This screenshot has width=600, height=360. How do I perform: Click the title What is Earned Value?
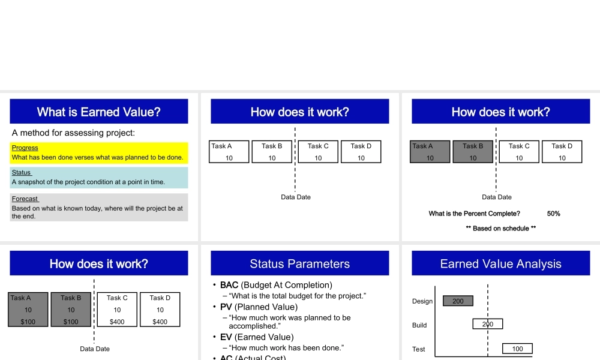[x=99, y=112]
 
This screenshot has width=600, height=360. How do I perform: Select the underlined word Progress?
[x=25, y=148]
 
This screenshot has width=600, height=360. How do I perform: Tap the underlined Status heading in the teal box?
[x=22, y=173]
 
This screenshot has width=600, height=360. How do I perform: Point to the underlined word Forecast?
[x=25, y=199]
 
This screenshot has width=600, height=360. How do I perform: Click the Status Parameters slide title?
[x=300, y=264]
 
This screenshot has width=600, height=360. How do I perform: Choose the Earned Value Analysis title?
[x=500, y=264]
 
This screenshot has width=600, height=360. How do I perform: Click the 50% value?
[x=553, y=214]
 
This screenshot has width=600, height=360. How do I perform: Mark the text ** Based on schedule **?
[x=500, y=229]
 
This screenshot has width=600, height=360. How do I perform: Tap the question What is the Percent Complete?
[x=474, y=214]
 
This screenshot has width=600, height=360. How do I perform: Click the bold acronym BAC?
[x=229, y=285]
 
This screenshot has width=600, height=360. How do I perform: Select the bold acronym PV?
[x=226, y=307]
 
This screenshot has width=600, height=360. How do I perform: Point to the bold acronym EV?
[x=226, y=337]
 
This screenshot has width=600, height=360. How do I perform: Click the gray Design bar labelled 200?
[x=458, y=301]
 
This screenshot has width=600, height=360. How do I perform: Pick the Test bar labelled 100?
[x=517, y=349]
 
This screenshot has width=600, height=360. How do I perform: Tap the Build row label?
[x=419, y=325]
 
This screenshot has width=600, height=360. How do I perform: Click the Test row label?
[x=418, y=349]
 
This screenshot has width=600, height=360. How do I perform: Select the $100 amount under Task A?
[x=28, y=322]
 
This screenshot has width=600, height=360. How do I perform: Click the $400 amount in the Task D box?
[x=160, y=322]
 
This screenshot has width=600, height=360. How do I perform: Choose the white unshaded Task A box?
[x=229, y=152]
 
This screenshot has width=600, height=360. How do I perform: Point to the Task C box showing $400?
[x=117, y=310]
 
